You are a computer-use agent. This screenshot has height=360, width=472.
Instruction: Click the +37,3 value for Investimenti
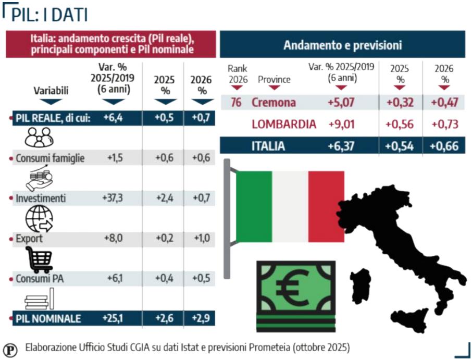[113, 198]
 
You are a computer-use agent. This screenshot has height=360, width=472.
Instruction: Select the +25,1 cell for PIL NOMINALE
[113, 318]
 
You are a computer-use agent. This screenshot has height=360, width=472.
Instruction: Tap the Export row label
[29, 239]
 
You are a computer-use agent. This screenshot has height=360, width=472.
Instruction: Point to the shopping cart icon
[40, 259]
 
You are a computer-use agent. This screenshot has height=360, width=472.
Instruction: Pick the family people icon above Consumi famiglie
[39, 138]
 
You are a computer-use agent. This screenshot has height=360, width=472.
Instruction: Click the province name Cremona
[274, 102]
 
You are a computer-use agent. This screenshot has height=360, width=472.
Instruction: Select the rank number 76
[236, 102]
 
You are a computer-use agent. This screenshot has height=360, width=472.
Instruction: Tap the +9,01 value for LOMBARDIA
[341, 124]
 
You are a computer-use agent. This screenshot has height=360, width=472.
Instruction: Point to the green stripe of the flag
[254, 206]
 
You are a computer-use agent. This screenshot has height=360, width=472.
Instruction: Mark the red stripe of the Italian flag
[326, 206]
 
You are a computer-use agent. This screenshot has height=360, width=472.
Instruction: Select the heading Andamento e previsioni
[342, 45]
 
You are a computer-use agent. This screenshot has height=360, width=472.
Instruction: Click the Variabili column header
[51, 90]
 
